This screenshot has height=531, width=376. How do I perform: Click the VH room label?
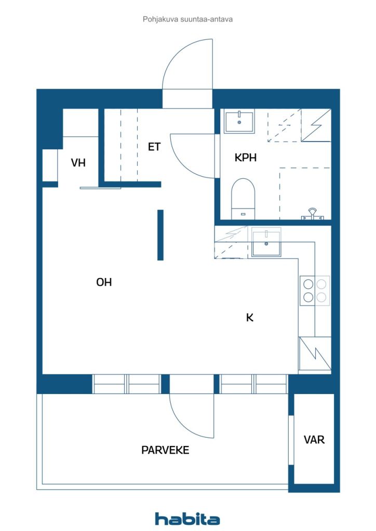click(x=78, y=163)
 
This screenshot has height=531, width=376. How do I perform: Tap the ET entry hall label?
click(x=154, y=147)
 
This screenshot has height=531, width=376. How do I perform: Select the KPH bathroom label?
click(x=246, y=158)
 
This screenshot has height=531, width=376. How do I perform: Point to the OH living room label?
click(x=104, y=282)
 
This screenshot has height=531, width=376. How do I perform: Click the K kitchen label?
click(x=250, y=318)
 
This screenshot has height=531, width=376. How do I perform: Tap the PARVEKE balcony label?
click(x=165, y=450)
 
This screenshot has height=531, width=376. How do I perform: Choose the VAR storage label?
click(x=314, y=440)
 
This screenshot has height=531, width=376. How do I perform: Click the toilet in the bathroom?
click(x=243, y=199)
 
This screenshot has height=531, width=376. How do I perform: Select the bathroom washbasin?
click(x=239, y=121)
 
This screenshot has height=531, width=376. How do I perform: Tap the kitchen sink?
click(x=266, y=243)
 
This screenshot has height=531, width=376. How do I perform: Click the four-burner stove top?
click(x=315, y=290)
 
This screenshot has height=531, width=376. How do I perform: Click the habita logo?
click(x=187, y=519)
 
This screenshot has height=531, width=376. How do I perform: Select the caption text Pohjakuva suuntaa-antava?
click(x=187, y=19)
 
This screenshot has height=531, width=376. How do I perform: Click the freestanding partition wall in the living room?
click(x=160, y=235)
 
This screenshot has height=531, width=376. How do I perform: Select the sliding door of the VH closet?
click(x=100, y=188)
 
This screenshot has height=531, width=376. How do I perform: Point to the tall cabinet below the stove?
click(x=315, y=354)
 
